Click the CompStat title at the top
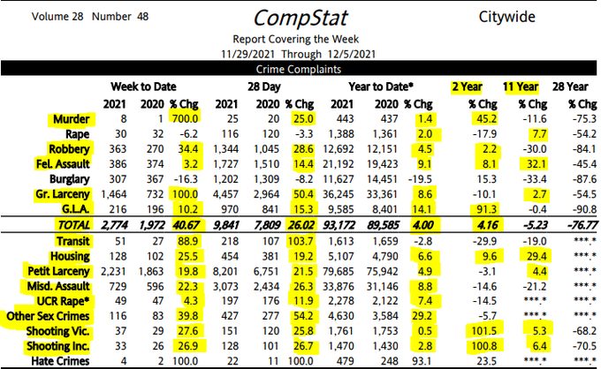[x=301, y=18]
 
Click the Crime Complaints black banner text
[x=300, y=68]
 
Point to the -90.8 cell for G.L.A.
[x=577, y=209]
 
